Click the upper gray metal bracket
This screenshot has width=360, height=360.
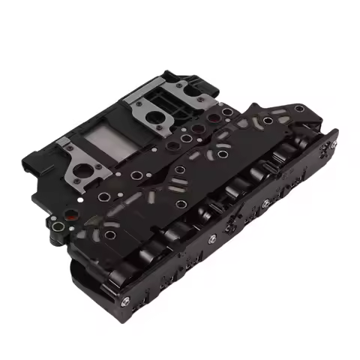[159, 109]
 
